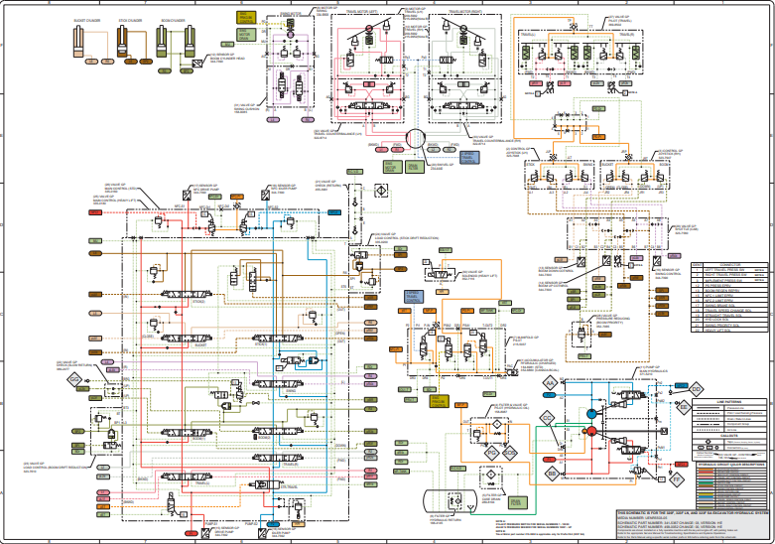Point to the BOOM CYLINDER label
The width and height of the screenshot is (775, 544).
coord(174,20)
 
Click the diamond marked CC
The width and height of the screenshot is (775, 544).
coord(546,419)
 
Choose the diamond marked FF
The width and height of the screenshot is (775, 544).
coord(677,479)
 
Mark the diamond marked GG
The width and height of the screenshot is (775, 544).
coord(73,380)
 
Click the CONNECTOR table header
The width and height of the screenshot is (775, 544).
coord(731,264)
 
